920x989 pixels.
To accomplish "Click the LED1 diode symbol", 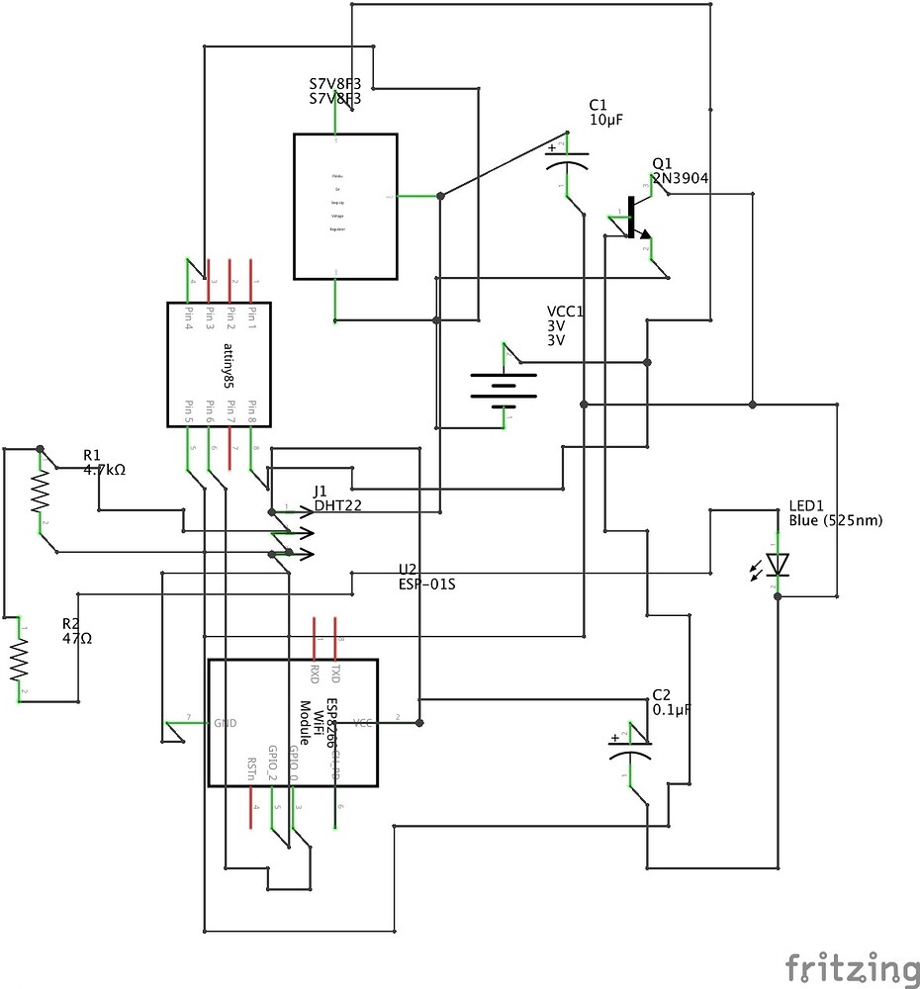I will [779, 565].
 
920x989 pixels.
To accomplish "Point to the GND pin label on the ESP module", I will [226, 723].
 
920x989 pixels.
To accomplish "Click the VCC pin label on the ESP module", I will [363, 723].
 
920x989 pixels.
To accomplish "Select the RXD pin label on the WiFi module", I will [315, 674].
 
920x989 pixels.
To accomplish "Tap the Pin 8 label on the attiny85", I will [251, 410].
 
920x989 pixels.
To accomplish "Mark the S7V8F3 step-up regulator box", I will [345, 206].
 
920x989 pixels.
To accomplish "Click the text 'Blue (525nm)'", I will [836, 520].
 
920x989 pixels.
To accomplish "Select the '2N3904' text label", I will [680, 178].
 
